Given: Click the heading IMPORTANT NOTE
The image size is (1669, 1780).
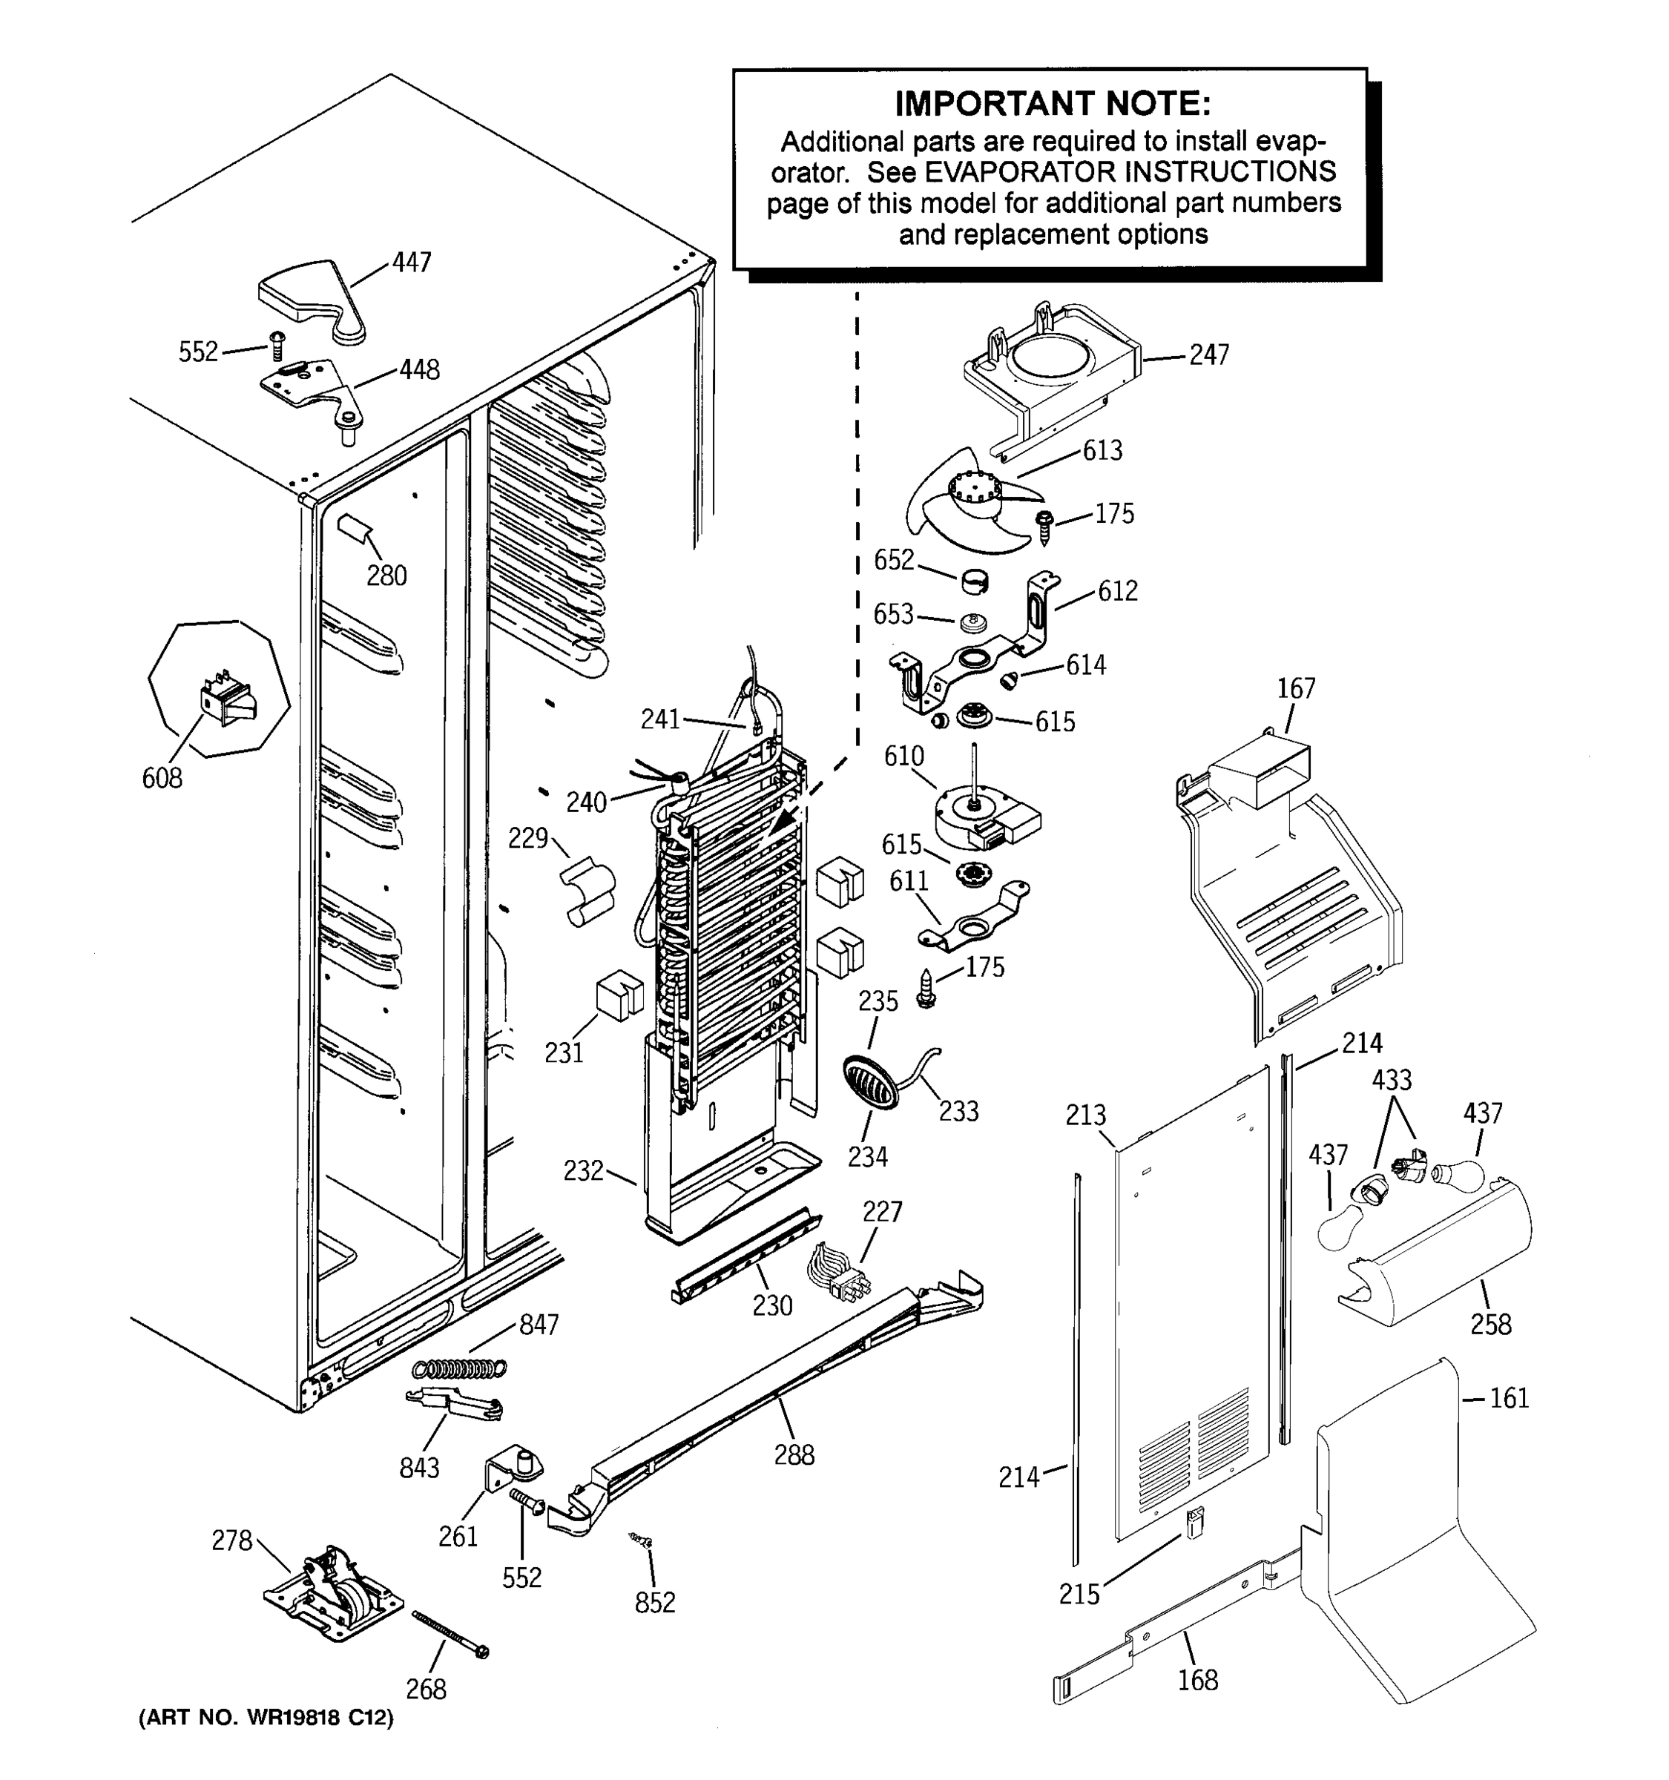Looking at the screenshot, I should [x=1052, y=105].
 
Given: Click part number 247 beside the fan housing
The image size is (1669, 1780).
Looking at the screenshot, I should [x=1209, y=355].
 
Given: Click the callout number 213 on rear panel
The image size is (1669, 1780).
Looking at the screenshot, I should [x=1085, y=1115].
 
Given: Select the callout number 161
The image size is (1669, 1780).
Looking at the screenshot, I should [x=1510, y=1398].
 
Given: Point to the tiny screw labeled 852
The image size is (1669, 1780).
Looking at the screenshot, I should [x=642, y=1540].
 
